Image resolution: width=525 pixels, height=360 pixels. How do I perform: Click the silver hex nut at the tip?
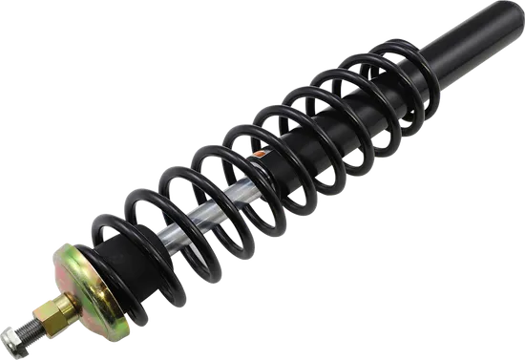13,335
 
